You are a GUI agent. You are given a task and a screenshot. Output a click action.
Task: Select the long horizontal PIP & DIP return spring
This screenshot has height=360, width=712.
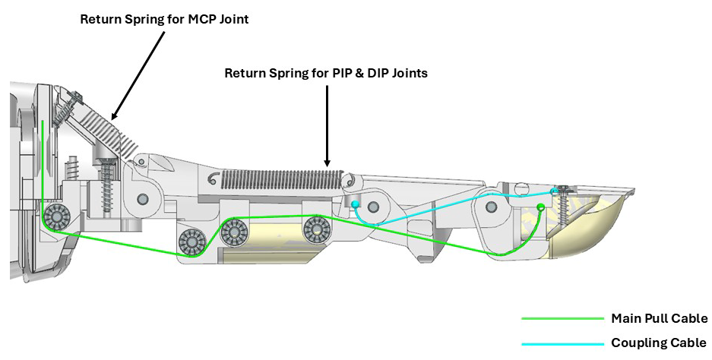point(281,179)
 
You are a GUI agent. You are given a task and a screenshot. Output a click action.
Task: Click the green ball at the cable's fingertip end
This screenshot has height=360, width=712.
point(541,207)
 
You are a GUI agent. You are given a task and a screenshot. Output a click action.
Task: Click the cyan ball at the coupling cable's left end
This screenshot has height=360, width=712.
point(355,204)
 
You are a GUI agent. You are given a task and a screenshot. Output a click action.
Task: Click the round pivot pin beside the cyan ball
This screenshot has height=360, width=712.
point(373,207)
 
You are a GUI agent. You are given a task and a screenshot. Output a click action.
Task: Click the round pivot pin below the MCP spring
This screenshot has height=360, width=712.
point(142,200)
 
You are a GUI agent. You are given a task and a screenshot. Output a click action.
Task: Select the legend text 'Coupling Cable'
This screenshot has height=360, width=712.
point(658,343)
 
